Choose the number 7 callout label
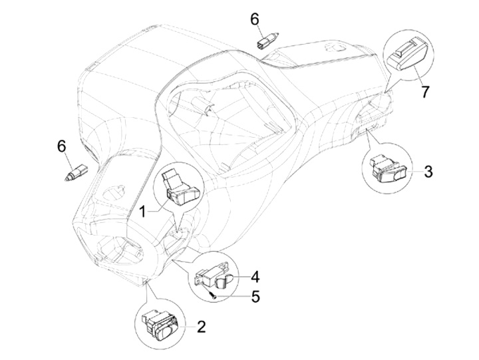(x=424, y=92)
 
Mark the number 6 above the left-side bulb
(x=62, y=145)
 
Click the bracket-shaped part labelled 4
(x=213, y=276)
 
